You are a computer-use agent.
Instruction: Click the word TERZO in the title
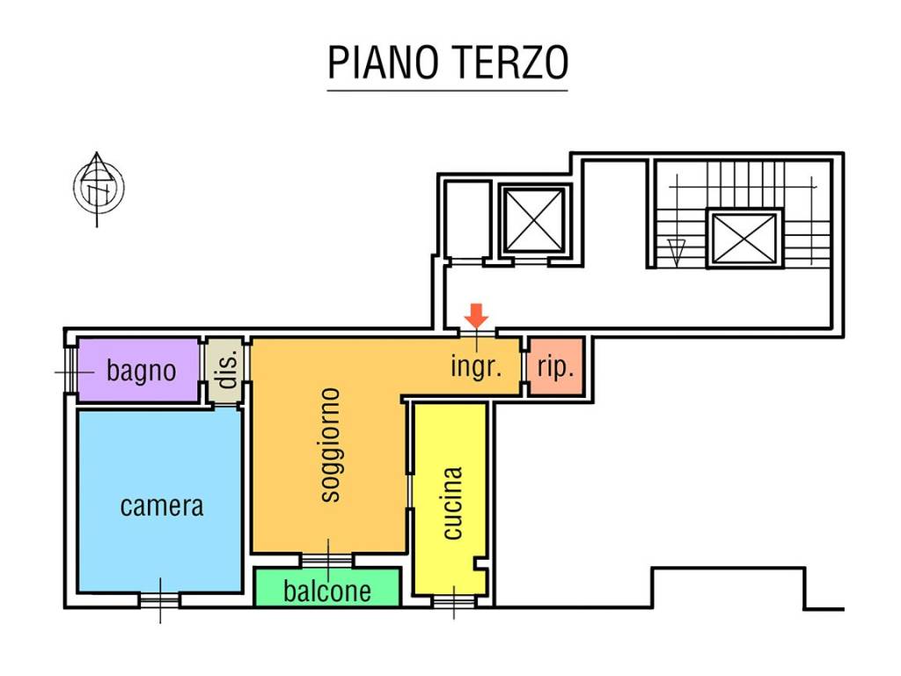pyautogui.click(x=511, y=62)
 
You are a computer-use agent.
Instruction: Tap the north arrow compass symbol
pyautogui.click(x=98, y=187)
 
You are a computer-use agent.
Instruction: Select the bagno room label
pyautogui.click(x=141, y=371)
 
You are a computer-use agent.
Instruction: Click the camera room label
pyautogui.click(x=161, y=506)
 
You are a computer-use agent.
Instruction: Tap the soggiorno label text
pyautogui.click(x=329, y=445)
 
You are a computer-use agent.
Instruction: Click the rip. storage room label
pyautogui.click(x=555, y=367)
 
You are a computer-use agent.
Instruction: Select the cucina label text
pyautogui.click(x=451, y=502)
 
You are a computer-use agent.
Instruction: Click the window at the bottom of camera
pyautogui.click(x=160, y=600)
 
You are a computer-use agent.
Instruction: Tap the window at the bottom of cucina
pyautogui.click(x=454, y=601)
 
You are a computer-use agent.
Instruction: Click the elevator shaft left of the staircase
pyautogui.click(x=532, y=220)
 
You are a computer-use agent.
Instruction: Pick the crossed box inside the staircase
pyautogui.click(x=744, y=238)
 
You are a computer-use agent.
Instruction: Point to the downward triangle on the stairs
pyautogui.click(x=675, y=253)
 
